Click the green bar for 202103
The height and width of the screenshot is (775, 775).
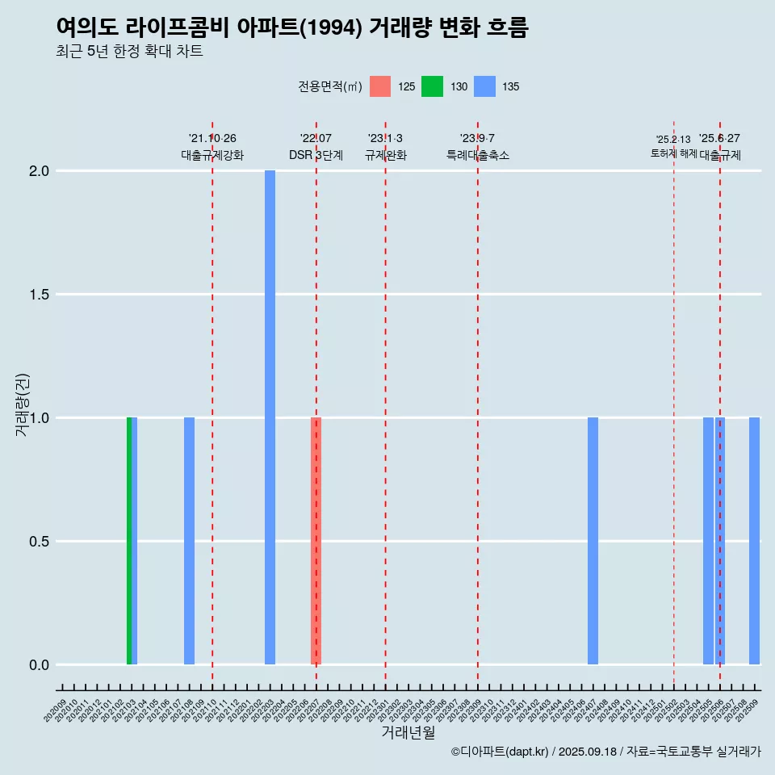point(129,541)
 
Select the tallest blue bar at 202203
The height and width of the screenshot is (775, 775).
point(270,417)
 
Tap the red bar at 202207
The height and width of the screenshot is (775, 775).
point(316,541)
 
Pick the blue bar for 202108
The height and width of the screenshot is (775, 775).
point(189,541)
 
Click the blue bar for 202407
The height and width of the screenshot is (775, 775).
point(593,541)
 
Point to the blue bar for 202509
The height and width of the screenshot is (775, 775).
point(754,541)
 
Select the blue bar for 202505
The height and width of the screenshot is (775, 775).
point(708,541)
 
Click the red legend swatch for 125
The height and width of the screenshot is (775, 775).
point(380,86)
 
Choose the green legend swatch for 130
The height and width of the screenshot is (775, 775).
point(432,86)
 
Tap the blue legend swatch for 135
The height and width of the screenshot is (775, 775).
point(484,86)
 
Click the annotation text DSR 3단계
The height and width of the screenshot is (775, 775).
point(316,155)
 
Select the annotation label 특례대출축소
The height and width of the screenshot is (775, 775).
point(478,155)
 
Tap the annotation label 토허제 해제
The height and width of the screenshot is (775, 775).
point(673,153)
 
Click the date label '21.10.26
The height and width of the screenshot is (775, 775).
point(212,139)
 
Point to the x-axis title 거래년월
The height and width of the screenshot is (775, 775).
point(408,733)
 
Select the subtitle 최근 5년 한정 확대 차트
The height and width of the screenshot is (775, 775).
point(129,52)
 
